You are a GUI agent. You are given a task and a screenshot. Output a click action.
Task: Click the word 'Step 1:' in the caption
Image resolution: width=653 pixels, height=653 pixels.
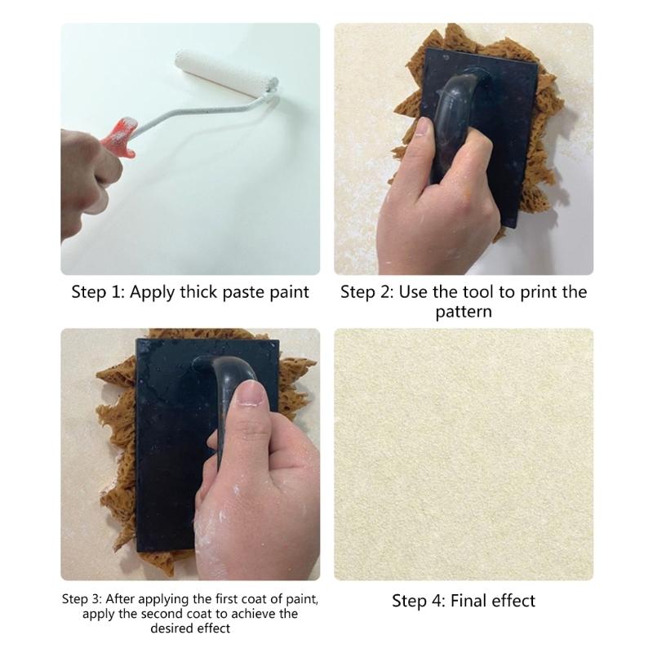(97, 292)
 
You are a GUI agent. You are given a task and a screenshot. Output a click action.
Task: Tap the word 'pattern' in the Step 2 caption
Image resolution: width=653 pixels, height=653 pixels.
(463, 312)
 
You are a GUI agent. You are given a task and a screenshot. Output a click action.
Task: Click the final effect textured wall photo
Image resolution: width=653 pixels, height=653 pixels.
(463, 453)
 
